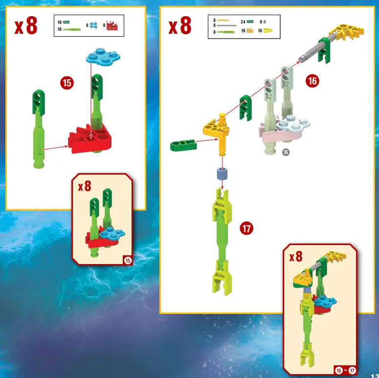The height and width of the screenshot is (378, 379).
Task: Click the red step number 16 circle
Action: point(312,81)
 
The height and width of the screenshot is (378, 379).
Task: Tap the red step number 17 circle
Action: point(247,228)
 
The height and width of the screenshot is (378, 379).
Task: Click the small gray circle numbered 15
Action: point(286,152)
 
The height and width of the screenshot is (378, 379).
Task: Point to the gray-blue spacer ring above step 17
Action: point(223,175)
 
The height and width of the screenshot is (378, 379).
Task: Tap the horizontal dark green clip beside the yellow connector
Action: point(183,145)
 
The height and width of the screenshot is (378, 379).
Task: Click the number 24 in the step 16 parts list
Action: point(243,22)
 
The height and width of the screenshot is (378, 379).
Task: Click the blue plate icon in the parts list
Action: point(93,25)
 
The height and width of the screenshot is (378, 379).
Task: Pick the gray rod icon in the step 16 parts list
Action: point(226,25)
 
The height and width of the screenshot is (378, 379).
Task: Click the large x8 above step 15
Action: point(26,27)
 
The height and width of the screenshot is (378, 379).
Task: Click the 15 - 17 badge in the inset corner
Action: point(344,370)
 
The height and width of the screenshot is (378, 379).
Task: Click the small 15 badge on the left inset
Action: point(128,261)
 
